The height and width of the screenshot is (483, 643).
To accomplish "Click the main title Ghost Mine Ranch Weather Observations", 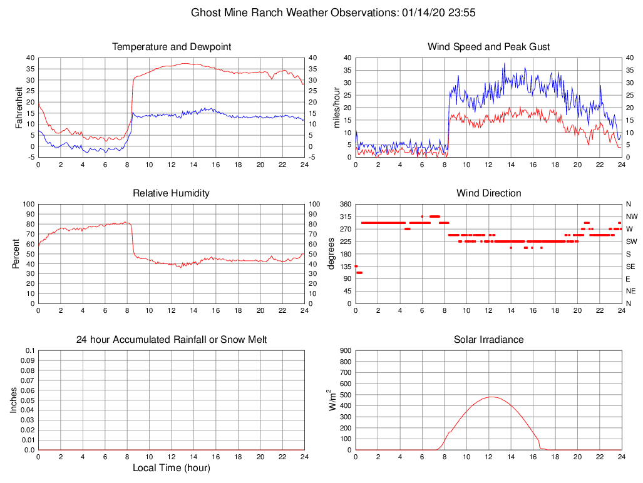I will (336, 13).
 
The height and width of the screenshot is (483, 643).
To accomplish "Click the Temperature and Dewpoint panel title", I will (172, 47).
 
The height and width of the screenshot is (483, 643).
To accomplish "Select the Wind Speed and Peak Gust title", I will (488, 47).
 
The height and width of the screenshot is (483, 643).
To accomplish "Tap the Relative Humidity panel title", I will (172, 193).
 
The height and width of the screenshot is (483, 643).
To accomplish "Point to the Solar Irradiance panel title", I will (488, 340).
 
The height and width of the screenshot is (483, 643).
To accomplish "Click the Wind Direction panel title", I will (488, 193).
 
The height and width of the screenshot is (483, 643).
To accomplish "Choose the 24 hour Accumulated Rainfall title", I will (172, 340).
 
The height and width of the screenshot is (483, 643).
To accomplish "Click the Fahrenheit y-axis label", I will (19, 107).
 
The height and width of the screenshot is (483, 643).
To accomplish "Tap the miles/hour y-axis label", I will (336, 107).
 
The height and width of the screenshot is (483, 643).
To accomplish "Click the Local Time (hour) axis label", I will (172, 468).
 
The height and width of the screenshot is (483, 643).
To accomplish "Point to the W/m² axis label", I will (334, 400).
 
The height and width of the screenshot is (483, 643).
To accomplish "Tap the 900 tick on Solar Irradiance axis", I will (345, 350).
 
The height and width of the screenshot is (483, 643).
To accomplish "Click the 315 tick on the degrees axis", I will (345, 216).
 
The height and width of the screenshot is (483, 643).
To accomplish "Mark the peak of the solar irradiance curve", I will (491, 397).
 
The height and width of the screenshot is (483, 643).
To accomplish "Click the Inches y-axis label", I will (14, 400).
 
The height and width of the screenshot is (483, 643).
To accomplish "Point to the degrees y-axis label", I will (332, 253).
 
